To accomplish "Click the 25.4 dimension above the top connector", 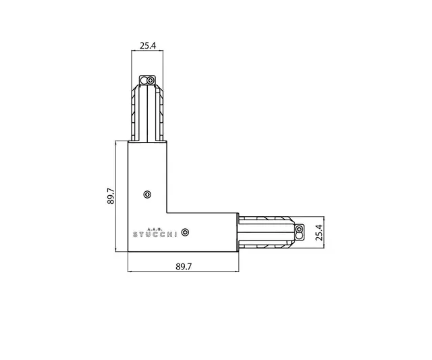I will click(148, 47).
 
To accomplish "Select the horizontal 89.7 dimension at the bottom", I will click(184, 267).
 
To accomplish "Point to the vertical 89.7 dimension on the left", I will click(111, 197).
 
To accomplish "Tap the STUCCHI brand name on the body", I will click(155, 234).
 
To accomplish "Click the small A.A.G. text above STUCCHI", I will click(155, 228).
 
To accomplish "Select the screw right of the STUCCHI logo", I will click(186, 232).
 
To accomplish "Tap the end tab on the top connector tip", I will click(148, 80).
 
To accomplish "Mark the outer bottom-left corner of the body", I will click(129, 253).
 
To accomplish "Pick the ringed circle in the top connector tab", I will click(151, 80).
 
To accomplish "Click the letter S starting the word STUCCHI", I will click(134, 234).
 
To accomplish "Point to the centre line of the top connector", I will click(148, 111).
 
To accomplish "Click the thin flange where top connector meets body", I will click(148, 141).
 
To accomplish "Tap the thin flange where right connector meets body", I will click(238, 232).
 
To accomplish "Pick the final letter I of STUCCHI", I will click(176, 234).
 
